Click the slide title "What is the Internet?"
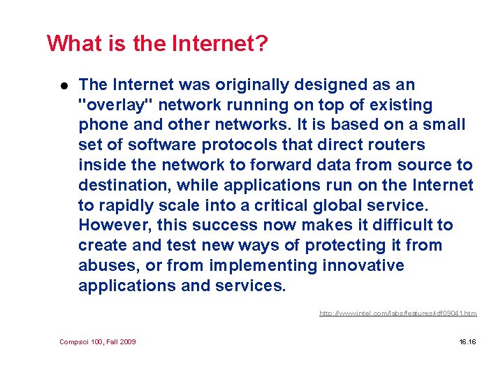click(157, 44)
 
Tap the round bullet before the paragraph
click(62, 86)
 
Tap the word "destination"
click(123, 186)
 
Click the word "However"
click(113, 226)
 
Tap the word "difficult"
click(395, 226)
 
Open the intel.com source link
click(398, 313)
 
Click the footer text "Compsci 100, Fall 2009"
click(98, 341)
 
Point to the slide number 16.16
click(467, 341)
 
